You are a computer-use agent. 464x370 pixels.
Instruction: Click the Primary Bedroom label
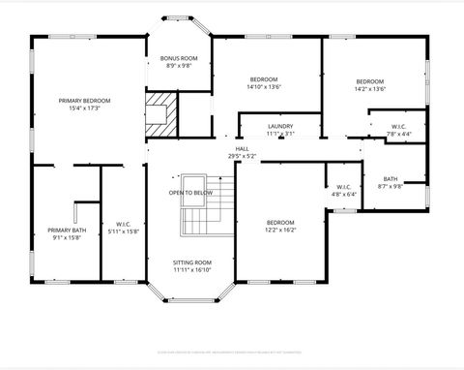tap(85, 101)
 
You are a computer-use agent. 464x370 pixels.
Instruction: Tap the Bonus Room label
tap(179, 58)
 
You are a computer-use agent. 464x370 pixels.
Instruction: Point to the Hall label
tap(242, 148)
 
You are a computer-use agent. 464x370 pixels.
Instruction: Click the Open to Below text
tap(190, 193)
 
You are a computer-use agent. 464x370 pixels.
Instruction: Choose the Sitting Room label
tap(191, 262)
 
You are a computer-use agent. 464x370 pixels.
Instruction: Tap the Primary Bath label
tap(67, 230)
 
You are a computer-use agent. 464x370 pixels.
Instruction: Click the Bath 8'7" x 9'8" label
tap(391, 179)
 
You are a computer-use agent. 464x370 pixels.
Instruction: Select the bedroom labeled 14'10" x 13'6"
tap(264, 79)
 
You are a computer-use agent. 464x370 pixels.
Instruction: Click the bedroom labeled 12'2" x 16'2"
tap(280, 223)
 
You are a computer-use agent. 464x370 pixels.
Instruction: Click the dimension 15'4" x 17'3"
tap(85, 108)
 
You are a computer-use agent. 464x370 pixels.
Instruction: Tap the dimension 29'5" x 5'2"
tap(242, 156)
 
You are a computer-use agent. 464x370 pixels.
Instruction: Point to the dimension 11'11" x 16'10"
tap(191, 270)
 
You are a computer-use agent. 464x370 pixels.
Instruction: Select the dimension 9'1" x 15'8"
tap(67, 237)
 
